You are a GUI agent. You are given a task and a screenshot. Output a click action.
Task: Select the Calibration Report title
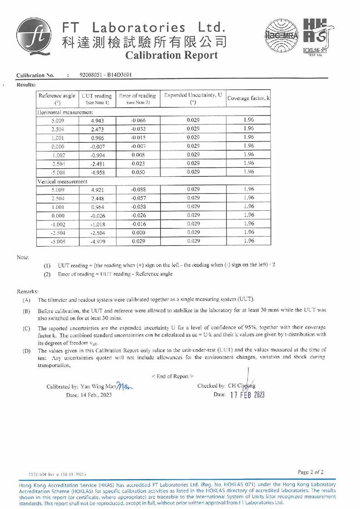(x=171, y=55)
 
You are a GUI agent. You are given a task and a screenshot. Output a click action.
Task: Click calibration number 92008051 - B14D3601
(x=106, y=75)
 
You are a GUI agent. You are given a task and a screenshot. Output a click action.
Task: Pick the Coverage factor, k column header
(x=248, y=98)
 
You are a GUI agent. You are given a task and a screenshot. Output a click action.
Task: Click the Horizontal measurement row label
(x=66, y=112)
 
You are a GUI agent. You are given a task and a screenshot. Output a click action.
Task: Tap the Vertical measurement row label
(x=63, y=181)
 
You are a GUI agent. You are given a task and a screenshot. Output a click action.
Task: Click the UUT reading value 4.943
(x=97, y=121)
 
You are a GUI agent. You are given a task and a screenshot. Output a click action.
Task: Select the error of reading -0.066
(x=138, y=121)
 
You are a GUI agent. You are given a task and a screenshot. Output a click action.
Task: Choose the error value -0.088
(x=138, y=190)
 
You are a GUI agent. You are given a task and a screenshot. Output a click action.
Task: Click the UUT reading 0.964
(x=97, y=207)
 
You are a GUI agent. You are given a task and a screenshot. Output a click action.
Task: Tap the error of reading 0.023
(x=138, y=164)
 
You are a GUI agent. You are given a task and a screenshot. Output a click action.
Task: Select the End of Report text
(x=172, y=376)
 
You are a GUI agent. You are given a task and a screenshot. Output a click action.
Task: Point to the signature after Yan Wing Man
(x=124, y=386)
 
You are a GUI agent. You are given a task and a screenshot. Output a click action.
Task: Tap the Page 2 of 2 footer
(x=311, y=472)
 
